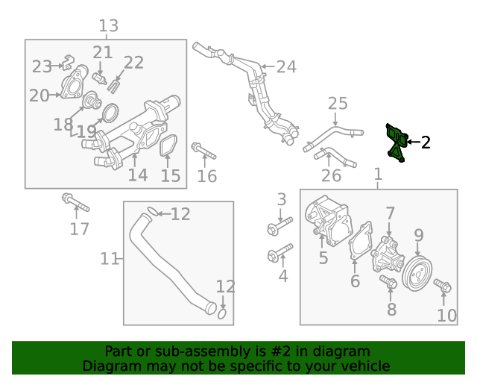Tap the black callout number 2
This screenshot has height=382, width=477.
point(426,142)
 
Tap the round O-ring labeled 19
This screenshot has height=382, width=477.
point(109,114)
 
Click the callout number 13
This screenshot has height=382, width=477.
point(109,27)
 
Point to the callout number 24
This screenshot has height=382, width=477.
point(286,67)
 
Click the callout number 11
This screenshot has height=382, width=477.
point(110,259)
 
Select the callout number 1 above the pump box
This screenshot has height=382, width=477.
point(378,175)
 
